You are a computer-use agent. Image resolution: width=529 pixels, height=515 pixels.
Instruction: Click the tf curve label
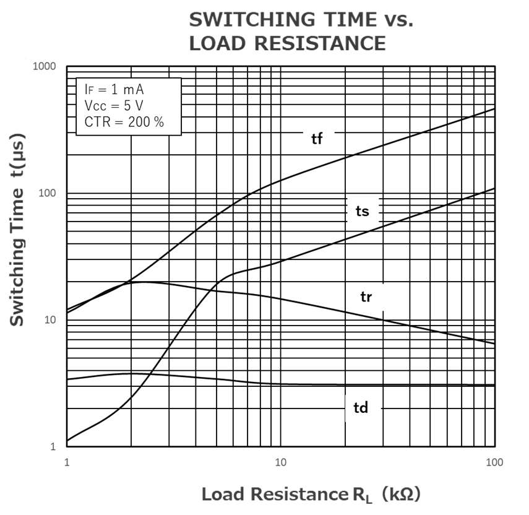pyautogui.click(x=317, y=138)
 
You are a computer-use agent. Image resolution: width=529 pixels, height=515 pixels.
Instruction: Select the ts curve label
pyautogui.click(x=362, y=212)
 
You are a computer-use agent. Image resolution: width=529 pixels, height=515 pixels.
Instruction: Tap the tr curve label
pyautogui.click(x=366, y=297)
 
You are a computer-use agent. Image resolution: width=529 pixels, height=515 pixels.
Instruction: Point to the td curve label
pyautogui.click(x=361, y=408)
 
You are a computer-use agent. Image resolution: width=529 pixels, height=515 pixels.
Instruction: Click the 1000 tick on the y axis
pyautogui.click(x=44, y=67)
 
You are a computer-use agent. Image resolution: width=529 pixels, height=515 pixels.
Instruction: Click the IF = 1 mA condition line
pyautogui.click(x=114, y=89)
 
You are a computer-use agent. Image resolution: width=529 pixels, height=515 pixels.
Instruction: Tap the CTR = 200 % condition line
pyautogui.click(x=124, y=122)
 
